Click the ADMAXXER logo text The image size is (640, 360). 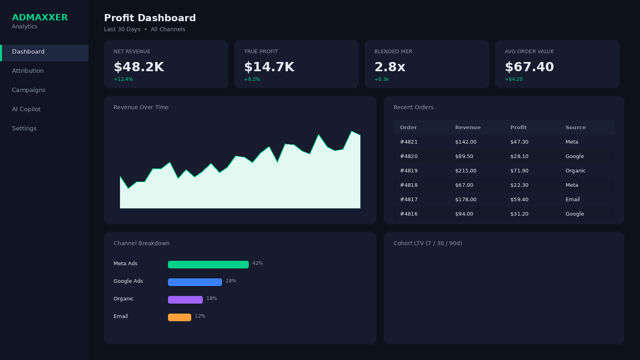coord(40,18)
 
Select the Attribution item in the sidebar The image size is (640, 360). coord(28,71)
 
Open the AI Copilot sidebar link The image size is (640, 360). coord(26,109)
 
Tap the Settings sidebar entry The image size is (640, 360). coord(24,128)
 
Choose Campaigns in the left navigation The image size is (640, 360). coord(29,90)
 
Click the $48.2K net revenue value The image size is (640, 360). coord(139,67)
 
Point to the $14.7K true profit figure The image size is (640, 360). coord(269,67)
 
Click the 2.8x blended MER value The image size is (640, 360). coord(390,67)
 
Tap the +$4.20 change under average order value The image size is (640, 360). coord(514,79)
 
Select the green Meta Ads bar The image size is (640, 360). coord(208,264)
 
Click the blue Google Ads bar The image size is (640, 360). coord(195,282)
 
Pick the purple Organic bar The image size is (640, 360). coord(185,300)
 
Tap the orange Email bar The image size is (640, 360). coord(180,317)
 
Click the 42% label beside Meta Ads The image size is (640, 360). coord(258,263)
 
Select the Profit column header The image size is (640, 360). coord(518,128)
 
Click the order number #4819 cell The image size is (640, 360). coord(409,171)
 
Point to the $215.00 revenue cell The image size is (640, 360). coord(466,171)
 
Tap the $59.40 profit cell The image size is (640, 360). coord(519,200)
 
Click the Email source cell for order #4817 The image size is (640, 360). coord(572,200)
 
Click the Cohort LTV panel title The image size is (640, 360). coord(428,243)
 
